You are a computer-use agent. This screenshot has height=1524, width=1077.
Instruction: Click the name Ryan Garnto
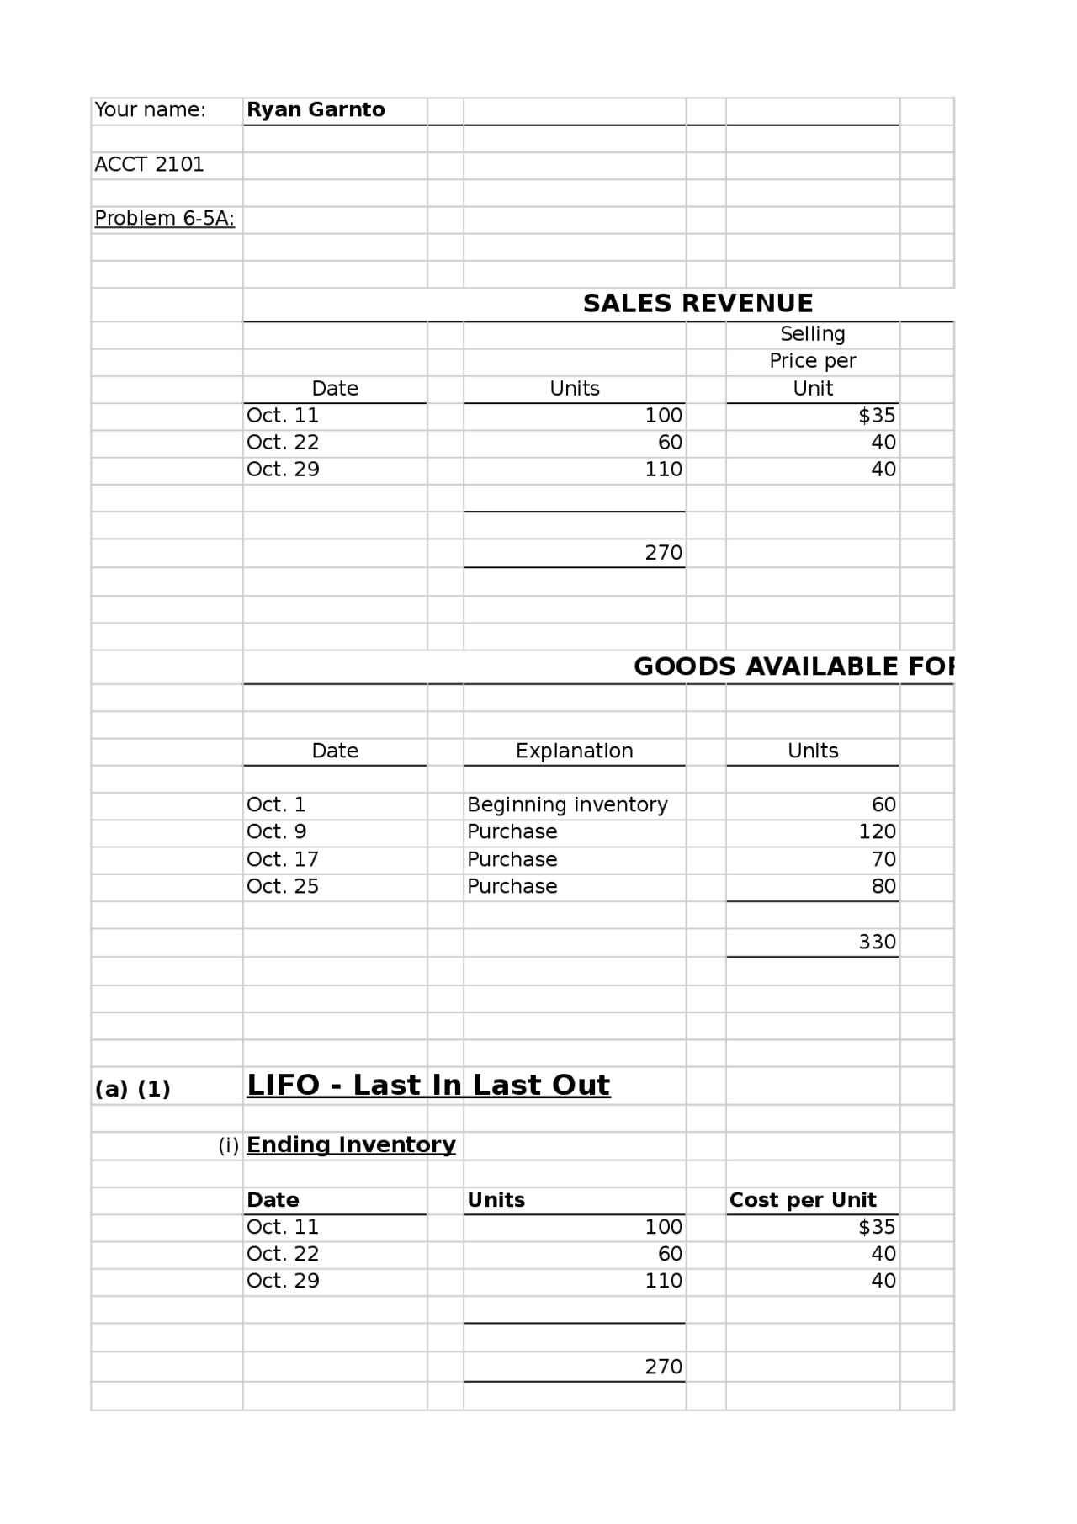[316, 110]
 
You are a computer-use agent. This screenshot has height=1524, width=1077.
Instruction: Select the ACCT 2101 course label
[149, 165]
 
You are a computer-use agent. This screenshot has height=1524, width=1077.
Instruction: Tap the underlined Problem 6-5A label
[164, 219]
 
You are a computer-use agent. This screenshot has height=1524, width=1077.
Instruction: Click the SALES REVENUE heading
[698, 304]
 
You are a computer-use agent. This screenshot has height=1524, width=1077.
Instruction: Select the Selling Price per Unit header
[812, 361]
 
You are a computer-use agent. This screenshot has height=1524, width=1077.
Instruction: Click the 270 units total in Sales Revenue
[663, 553]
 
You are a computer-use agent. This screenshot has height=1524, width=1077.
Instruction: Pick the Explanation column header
[574, 751]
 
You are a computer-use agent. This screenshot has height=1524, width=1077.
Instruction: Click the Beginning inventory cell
[567, 805]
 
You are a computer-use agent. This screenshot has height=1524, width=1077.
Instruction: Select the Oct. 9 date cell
[276, 832]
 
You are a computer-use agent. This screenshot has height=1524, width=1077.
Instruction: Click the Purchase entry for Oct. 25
[512, 887]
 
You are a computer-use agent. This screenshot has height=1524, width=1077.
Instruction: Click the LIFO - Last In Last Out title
[427, 1086]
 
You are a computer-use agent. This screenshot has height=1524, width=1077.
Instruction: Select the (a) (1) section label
[132, 1090]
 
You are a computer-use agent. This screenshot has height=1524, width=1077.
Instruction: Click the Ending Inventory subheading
[351, 1145]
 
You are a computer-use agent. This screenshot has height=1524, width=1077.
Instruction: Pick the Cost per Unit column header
[802, 1200]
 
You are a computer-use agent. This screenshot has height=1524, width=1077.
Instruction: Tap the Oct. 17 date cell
[282, 860]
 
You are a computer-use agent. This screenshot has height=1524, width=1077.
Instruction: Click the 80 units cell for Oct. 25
[883, 887]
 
